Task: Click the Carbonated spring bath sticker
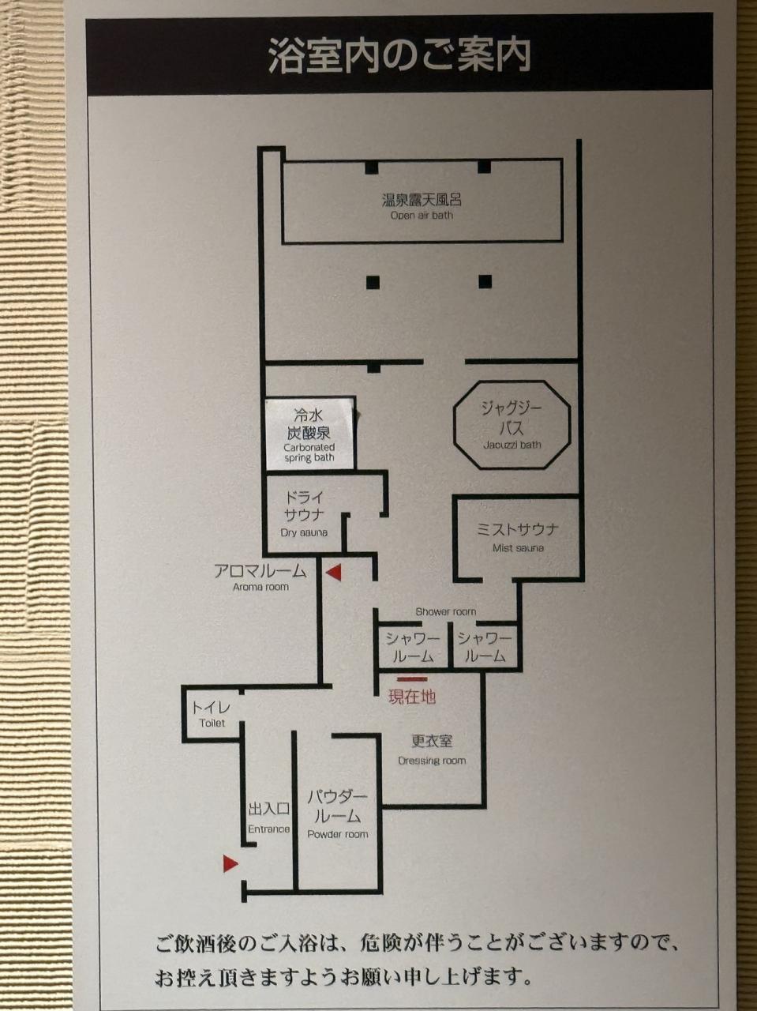coord(309,434)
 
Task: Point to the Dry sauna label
coord(304,514)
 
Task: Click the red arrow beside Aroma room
coord(334,573)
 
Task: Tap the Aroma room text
coord(260,577)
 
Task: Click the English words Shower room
coord(445,611)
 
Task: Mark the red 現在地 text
coord(412,697)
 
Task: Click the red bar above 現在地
coord(412,679)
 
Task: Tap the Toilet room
coord(212,714)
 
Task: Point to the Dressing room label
coord(432,751)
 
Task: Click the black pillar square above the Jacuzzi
coord(485,281)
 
